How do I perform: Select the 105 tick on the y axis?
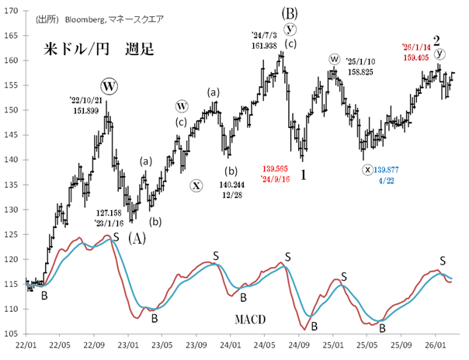tap(12, 334)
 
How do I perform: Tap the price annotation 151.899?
tap(87, 110)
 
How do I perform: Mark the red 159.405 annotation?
tap(420, 55)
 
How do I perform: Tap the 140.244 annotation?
tap(230, 186)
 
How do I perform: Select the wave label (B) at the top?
tap(290, 13)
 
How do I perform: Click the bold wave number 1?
tap(304, 175)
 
